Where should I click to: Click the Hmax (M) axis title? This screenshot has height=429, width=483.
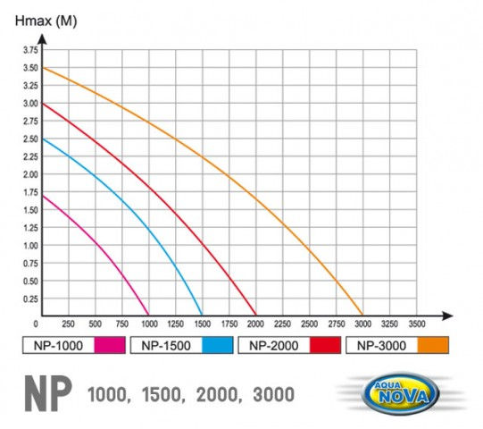40,21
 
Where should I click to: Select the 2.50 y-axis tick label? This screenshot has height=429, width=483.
29,139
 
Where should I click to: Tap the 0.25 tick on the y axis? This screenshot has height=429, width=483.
29,299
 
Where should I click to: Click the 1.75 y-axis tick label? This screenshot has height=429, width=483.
29,192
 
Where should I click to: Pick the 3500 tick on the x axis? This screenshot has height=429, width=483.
417,323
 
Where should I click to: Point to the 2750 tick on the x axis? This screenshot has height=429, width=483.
337,323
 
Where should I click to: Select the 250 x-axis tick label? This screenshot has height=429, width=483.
68,323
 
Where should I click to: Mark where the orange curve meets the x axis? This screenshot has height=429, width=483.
363,316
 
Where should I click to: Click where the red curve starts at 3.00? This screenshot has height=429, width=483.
41,104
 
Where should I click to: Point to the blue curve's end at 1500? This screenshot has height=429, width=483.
203,316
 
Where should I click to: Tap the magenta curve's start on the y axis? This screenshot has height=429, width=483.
41,196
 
